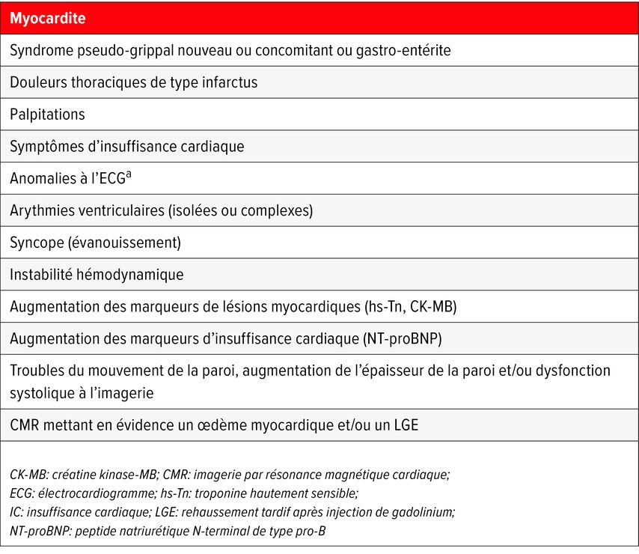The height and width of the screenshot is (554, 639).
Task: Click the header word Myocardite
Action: [47, 19]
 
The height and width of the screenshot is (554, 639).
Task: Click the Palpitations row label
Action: [47, 115]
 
